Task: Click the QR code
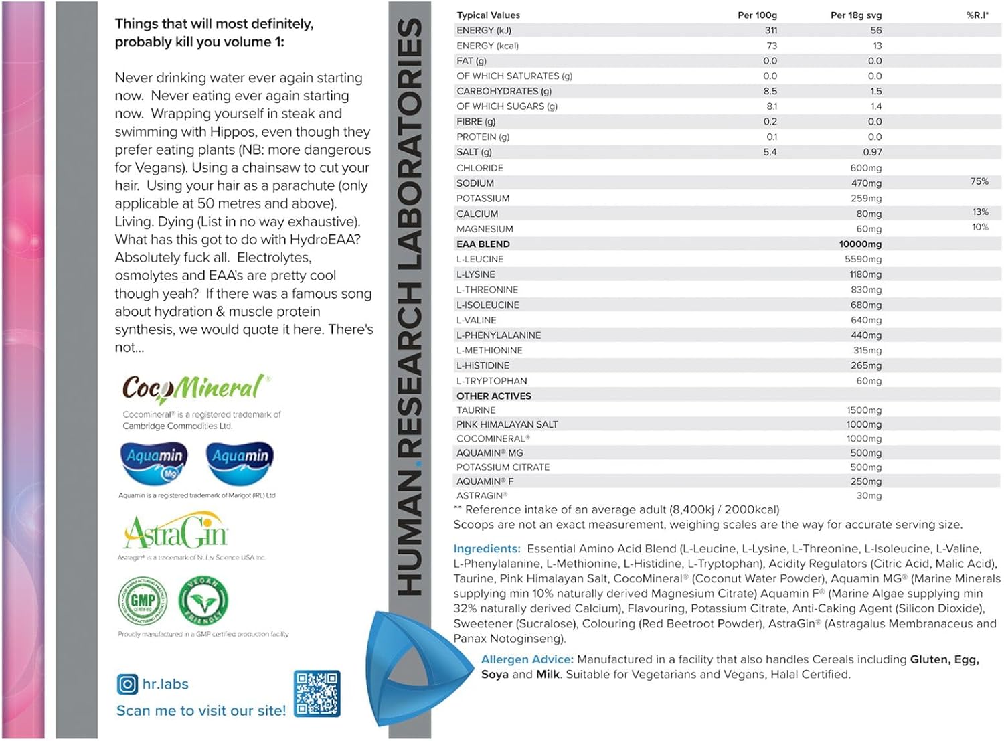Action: (317, 693)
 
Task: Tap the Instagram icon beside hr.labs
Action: (127, 684)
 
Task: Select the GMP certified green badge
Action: (143, 600)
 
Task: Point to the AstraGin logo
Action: (176, 533)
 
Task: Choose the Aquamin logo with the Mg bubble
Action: (155, 461)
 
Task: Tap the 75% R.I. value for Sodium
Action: (979, 181)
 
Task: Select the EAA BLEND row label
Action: (483, 244)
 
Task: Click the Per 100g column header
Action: (757, 15)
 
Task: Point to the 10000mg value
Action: (860, 244)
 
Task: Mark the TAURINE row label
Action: (476, 410)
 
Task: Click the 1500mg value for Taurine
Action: (864, 410)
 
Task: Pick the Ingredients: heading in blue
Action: (487, 548)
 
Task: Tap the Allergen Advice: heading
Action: (527, 659)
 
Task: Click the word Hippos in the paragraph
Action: (231, 132)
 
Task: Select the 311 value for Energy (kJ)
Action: (771, 30)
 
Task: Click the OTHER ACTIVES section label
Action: (494, 396)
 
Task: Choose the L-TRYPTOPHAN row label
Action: (492, 381)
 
